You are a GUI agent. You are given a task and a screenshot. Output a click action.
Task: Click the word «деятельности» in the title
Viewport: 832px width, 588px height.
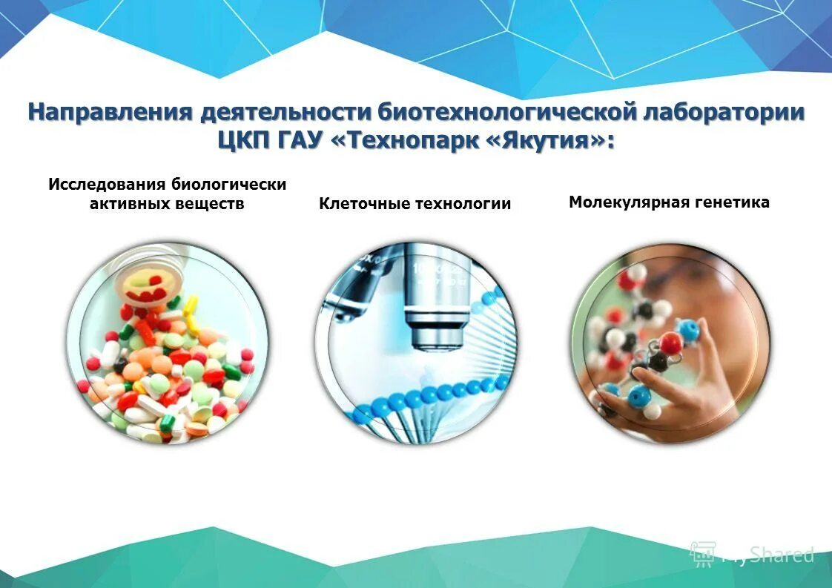287,113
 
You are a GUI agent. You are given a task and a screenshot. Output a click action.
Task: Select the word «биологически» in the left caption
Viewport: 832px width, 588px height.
229,184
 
